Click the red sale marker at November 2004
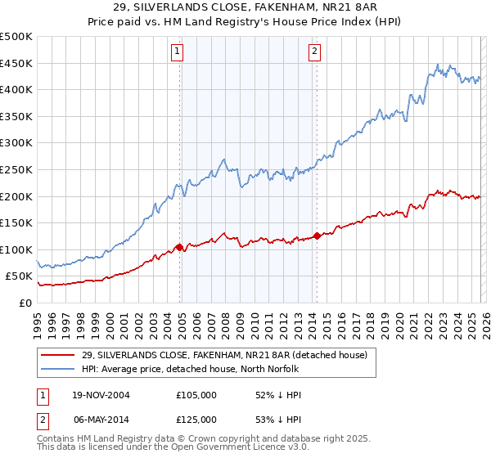pyautogui.click(x=179, y=246)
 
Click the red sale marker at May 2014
pyautogui.click(x=316, y=236)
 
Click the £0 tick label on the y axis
pyautogui.click(x=25, y=303)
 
